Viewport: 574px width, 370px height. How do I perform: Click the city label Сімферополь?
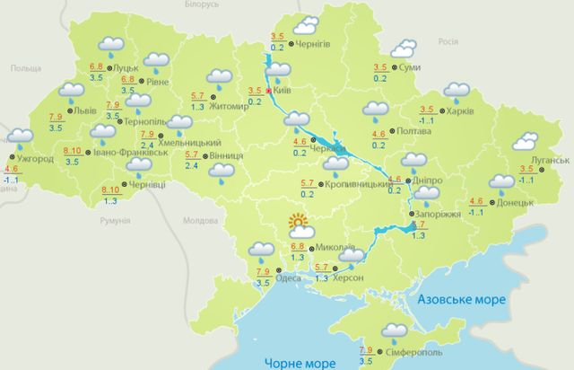(x=411, y=353)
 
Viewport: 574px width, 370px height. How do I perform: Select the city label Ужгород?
(x=35, y=159)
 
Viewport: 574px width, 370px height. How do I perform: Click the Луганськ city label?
(x=549, y=160)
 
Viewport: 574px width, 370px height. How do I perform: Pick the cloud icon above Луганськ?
(x=523, y=142)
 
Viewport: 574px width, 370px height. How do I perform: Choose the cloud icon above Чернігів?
(x=308, y=24)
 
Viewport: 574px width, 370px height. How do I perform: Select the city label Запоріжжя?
(x=439, y=216)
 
